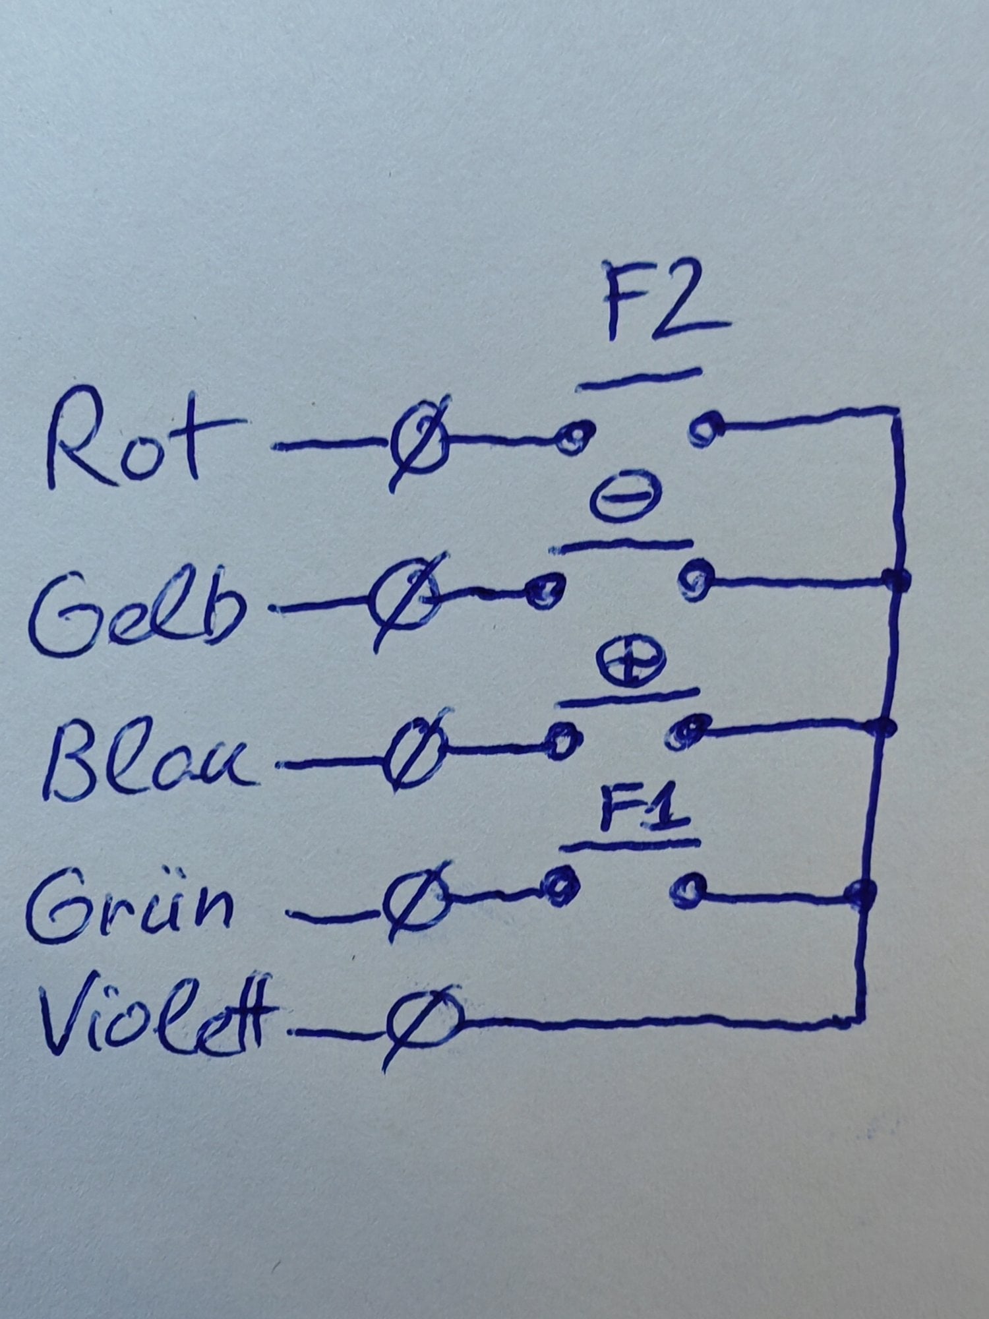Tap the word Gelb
[135, 607]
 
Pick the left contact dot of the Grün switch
[560, 886]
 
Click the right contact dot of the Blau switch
[686, 733]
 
